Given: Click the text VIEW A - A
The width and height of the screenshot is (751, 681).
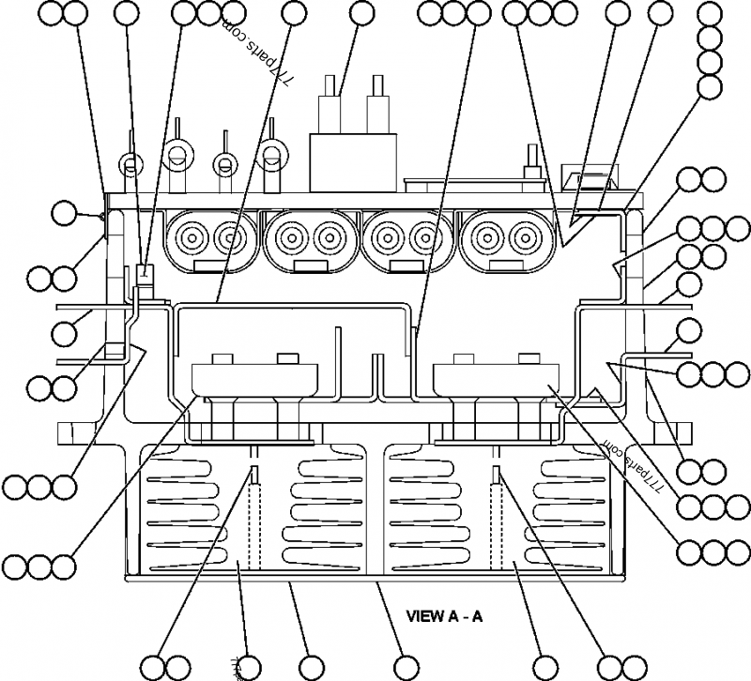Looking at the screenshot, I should [x=444, y=616].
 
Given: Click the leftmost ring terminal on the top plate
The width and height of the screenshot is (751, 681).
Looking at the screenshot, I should [x=130, y=166].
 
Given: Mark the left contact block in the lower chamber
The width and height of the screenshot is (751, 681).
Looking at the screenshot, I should [x=250, y=380].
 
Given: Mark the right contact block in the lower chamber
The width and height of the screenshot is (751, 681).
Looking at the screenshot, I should [x=493, y=380].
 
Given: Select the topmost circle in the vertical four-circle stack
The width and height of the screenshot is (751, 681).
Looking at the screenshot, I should [x=712, y=14].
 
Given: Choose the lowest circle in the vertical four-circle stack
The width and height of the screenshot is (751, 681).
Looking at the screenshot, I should [x=712, y=86].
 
